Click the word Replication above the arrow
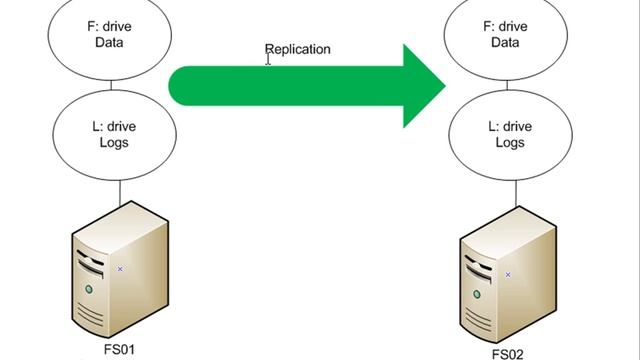[x=297, y=48]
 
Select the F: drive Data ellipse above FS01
[x=120, y=35]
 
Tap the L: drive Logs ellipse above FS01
[x=120, y=134]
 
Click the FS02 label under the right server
[x=507, y=353]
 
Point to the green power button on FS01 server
[x=89, y=290]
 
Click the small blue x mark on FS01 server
[x=120, y=268]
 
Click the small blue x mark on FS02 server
[x=508, y=273]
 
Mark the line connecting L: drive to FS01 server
[x=120, y=190]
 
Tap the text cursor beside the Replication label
[x=268, y=59]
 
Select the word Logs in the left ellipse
[x=120, y=142]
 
